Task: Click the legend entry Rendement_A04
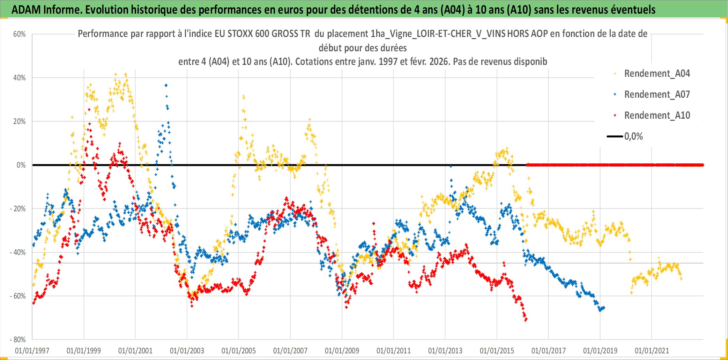[x=657, y=74]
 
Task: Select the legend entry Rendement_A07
[x=657, y=95]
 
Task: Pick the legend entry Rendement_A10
[x=657, y=116]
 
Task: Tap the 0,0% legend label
[x=633, y=137]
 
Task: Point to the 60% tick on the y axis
[x=20, y=34]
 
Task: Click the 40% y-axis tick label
[x=20, y=78]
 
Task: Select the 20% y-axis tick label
[x=20, y=122]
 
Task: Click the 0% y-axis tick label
[x=21, y=165]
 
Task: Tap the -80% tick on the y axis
[x=18, y=339]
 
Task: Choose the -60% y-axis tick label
[x=18, y=296]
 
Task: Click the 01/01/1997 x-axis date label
[x=32, y=351]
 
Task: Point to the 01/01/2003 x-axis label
[x=187, y=351]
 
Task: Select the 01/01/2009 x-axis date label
[x=342, y=351]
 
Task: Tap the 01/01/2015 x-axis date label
[x=497, y=351]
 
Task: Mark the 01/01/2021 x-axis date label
[x=652, y=351]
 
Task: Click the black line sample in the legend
[x=615, y=137]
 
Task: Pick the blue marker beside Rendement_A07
[x=615, y=94]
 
